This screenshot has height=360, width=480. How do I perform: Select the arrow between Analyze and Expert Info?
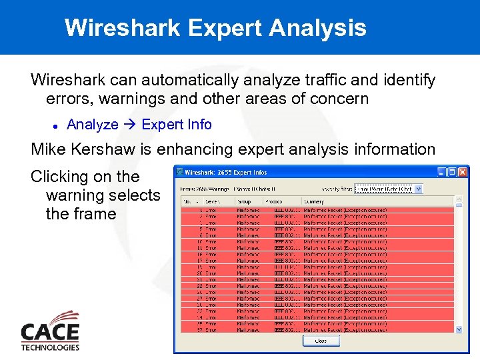click(x=130, y=125)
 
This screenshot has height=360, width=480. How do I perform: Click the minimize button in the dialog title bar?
click(x=441, y=172)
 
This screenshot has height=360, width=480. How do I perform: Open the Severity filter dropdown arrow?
click(x=418, y=189)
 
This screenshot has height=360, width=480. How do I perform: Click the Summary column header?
click(x=313, y=201)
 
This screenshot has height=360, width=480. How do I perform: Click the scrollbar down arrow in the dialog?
click(x=459, y=329)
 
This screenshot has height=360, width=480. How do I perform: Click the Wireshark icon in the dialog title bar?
click(x=179, y=172)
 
